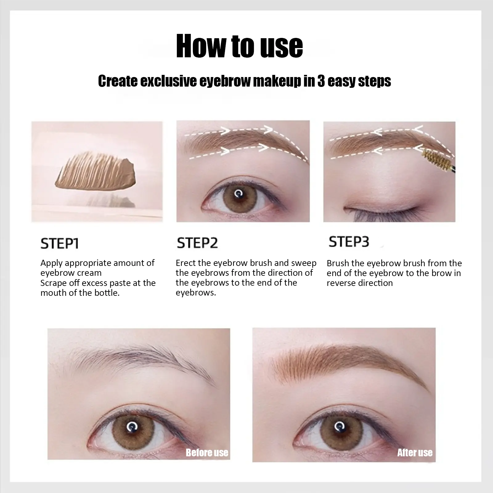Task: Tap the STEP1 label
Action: [60, 243]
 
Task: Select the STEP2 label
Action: [197, 243]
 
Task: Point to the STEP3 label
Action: [349, 242]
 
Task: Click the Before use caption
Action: [207, 453]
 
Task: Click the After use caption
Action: [415, 452]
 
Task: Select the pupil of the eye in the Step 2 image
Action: [238, 194]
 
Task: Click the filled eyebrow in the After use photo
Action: [348, 361]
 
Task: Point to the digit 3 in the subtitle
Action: [321, 81]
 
